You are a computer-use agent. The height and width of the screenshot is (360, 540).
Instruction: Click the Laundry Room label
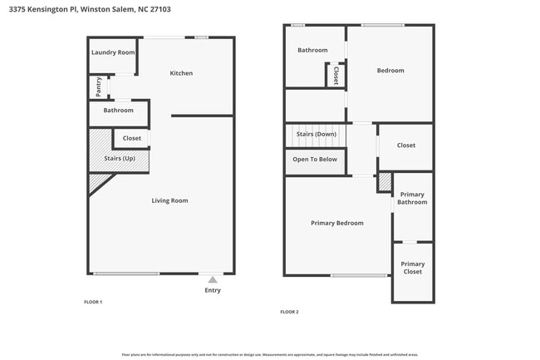113,52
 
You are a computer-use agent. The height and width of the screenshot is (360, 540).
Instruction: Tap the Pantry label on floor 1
99,85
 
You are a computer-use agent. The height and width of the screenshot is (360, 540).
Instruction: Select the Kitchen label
181,73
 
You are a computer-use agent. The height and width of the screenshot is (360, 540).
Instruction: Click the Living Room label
169,200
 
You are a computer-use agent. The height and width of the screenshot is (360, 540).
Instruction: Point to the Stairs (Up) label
120,158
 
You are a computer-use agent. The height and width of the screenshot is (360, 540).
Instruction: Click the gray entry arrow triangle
213,279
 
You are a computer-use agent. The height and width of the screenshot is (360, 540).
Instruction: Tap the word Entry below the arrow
213,290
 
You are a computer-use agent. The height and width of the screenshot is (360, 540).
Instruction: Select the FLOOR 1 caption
93,302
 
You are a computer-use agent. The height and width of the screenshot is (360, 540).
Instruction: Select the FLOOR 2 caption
289,312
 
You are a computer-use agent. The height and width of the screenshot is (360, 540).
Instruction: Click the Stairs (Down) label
316,134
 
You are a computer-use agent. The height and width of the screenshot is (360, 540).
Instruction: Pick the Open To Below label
315,159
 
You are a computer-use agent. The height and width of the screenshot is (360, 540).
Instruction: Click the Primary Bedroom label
336,223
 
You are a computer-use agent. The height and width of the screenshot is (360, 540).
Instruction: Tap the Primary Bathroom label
412,198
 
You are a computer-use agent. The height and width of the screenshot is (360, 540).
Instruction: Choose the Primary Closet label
412,268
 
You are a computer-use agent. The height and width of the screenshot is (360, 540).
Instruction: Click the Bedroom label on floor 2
390,71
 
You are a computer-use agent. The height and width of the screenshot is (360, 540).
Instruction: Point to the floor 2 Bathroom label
312,50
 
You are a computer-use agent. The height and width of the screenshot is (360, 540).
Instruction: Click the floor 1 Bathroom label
119,110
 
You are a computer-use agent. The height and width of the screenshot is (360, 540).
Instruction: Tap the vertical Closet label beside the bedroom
336,76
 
